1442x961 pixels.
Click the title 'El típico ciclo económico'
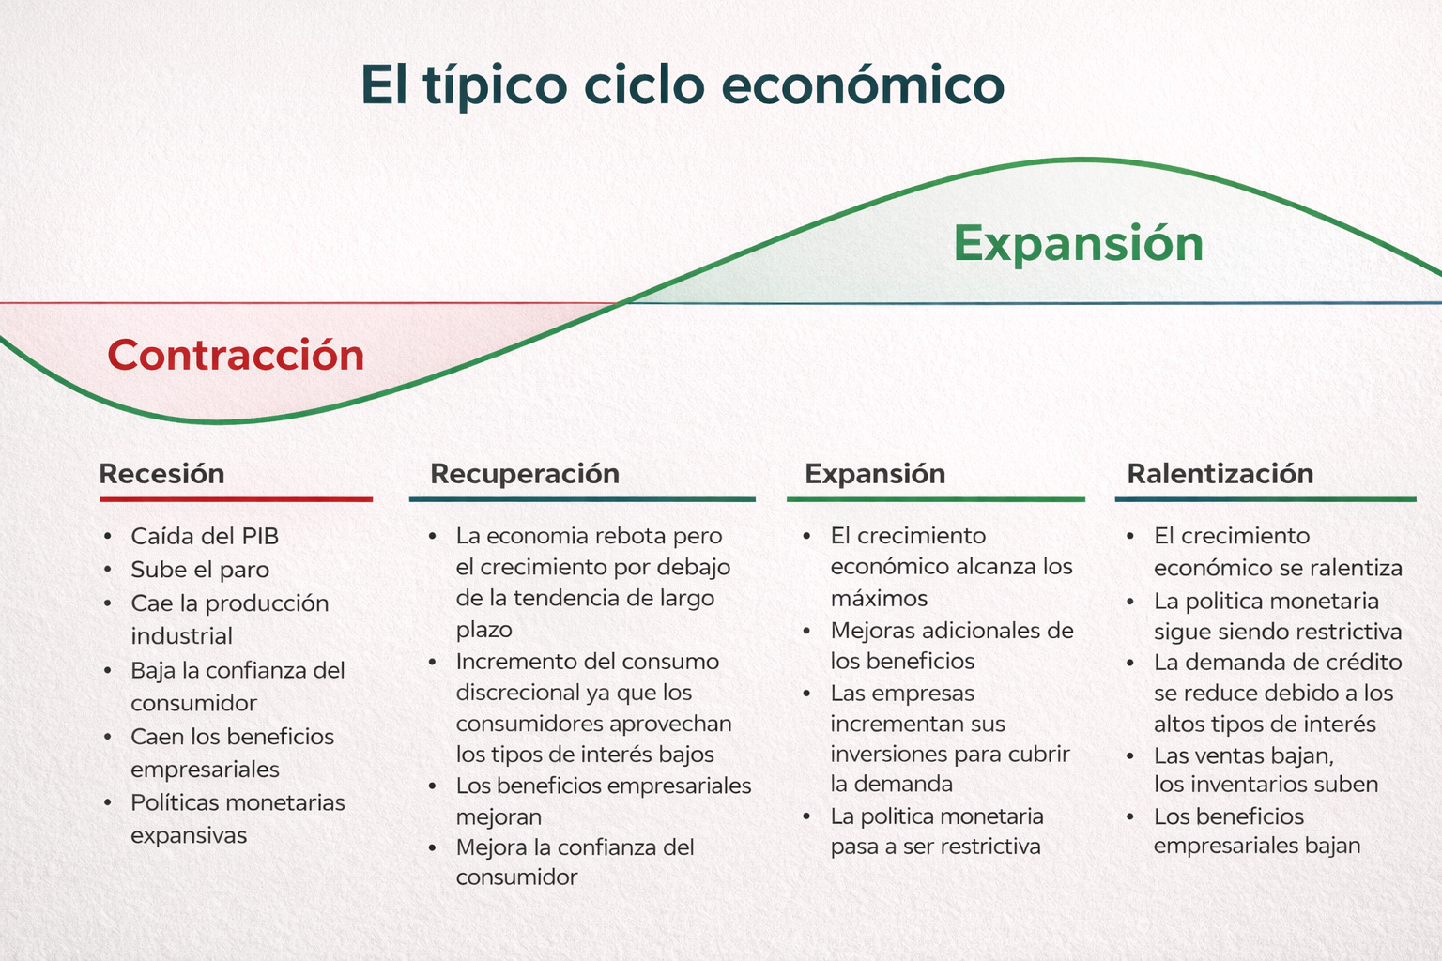coord(683,85)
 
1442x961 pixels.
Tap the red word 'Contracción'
coord(236,356)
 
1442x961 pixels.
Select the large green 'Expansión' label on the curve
coord(1078,243)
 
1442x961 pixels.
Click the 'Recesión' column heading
coord(161,473)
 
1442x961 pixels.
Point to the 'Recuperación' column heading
coord(524,473)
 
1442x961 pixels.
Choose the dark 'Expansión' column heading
coord(874,473)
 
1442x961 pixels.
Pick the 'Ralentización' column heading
coord(1220,473)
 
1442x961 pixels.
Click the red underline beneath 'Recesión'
coord(236,499)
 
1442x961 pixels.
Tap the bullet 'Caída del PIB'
coord(205,536)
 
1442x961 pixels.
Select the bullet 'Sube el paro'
coord(200,570)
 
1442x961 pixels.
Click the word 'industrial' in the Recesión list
coord(181,636)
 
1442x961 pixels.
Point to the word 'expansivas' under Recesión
coord(189,835)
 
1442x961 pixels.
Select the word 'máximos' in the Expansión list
coord(879,599)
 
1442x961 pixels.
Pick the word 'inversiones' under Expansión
coord(888,755)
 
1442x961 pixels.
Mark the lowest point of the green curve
coord(218,422)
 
